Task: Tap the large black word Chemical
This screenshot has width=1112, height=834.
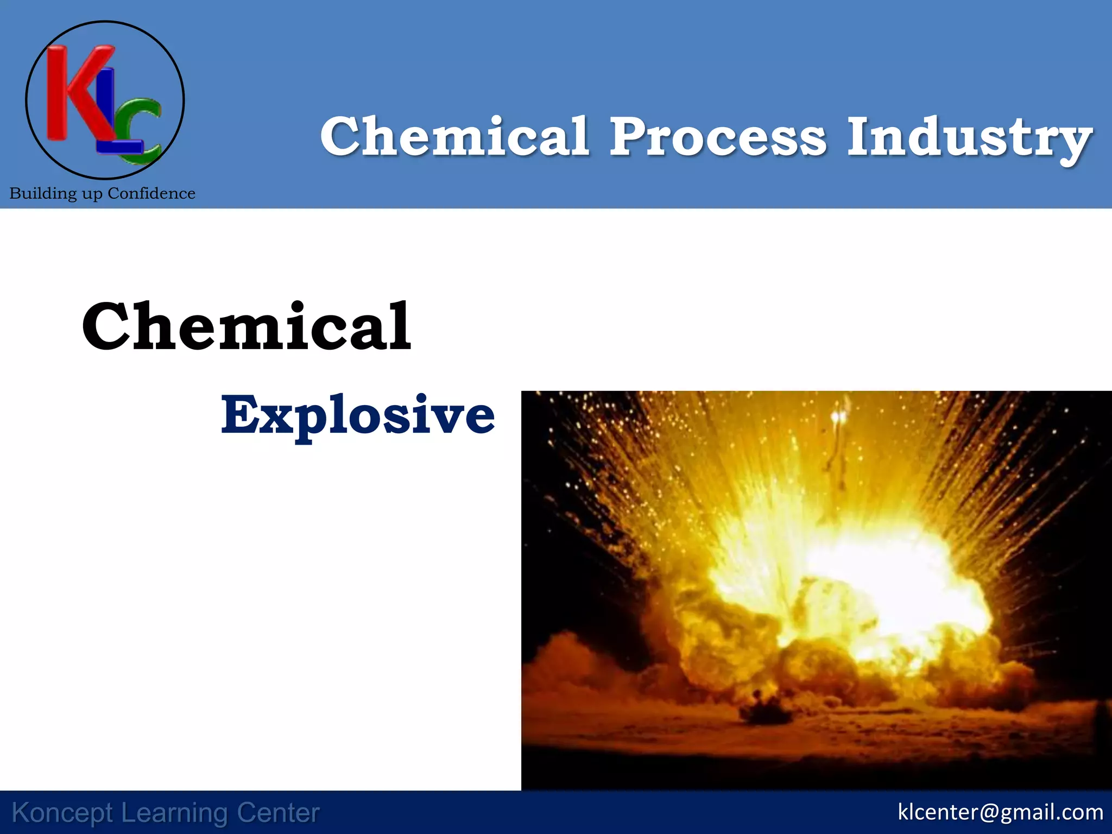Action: pos(247,327)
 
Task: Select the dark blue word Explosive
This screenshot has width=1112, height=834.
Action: pos(358,416)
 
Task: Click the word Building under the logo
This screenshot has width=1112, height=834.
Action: pos(43,194)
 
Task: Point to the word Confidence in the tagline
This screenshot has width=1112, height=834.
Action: pos(151,193)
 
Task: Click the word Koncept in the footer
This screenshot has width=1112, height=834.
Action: pos(62,813)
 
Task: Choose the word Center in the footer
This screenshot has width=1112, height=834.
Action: pos(278,813)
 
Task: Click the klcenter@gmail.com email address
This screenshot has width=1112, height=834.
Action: pos(1000,812)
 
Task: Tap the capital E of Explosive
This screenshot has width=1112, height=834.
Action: pos(237,415)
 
